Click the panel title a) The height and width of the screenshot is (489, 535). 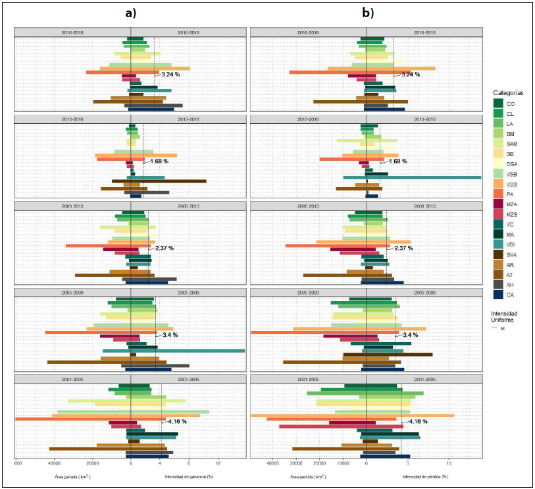[130, 13]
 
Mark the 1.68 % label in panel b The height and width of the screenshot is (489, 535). [397, 161]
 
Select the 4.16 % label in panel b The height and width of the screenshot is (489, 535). [419, 421]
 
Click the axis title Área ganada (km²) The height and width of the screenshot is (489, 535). [72, 476]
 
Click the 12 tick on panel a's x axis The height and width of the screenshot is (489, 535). [217, 464]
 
